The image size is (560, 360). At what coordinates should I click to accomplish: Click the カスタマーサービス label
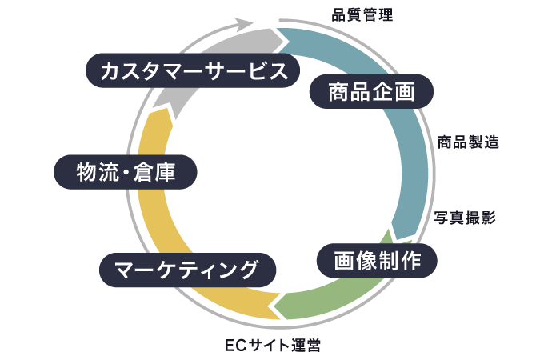(x=192, y=71)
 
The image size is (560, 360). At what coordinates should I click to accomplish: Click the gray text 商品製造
(x=468, y=143)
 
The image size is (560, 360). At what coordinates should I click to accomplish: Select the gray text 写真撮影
(x=466, y=218)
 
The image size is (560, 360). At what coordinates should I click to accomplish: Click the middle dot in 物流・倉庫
(x=126, y=172)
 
